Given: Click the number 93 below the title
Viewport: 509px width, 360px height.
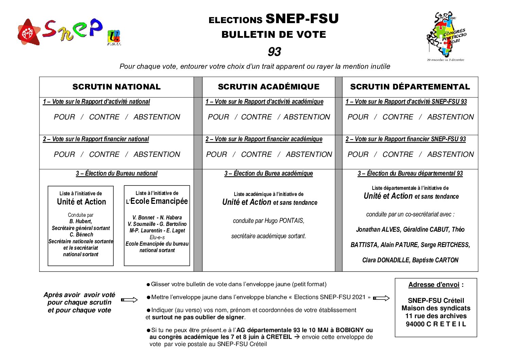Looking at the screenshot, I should (x=274, y=52).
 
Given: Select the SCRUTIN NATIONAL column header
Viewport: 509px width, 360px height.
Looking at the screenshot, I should (x=116, y=87).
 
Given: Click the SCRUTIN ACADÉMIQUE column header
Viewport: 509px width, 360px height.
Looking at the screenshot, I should (x=269, y=87).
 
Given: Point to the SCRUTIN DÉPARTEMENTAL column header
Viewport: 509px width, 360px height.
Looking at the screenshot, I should (x=410, y=87).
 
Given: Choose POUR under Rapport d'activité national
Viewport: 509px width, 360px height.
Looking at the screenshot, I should (x=64, y=117).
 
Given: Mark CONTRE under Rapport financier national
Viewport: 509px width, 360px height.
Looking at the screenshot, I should (x=104, y=154).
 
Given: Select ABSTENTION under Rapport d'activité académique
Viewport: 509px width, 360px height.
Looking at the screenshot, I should (x=307, y=117).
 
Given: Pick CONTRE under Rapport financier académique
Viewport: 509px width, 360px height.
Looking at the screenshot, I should (x=256, y=154).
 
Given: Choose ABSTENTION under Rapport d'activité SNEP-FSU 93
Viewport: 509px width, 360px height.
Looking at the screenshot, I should (x=450, y=117).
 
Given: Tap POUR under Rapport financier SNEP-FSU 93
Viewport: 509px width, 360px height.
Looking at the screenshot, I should (x=358, y=154).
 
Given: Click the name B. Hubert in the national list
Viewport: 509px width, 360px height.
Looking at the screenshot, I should (x=81, y=222).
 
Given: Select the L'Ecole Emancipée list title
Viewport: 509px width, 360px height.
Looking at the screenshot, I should (x=157, y=201).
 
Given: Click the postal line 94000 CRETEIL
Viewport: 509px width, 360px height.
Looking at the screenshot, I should (x=436, y=324).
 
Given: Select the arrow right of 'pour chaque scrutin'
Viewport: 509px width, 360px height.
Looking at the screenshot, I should (x=129, y=300).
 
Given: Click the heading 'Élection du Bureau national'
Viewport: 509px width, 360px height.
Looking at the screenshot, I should (x=116, y=174).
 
